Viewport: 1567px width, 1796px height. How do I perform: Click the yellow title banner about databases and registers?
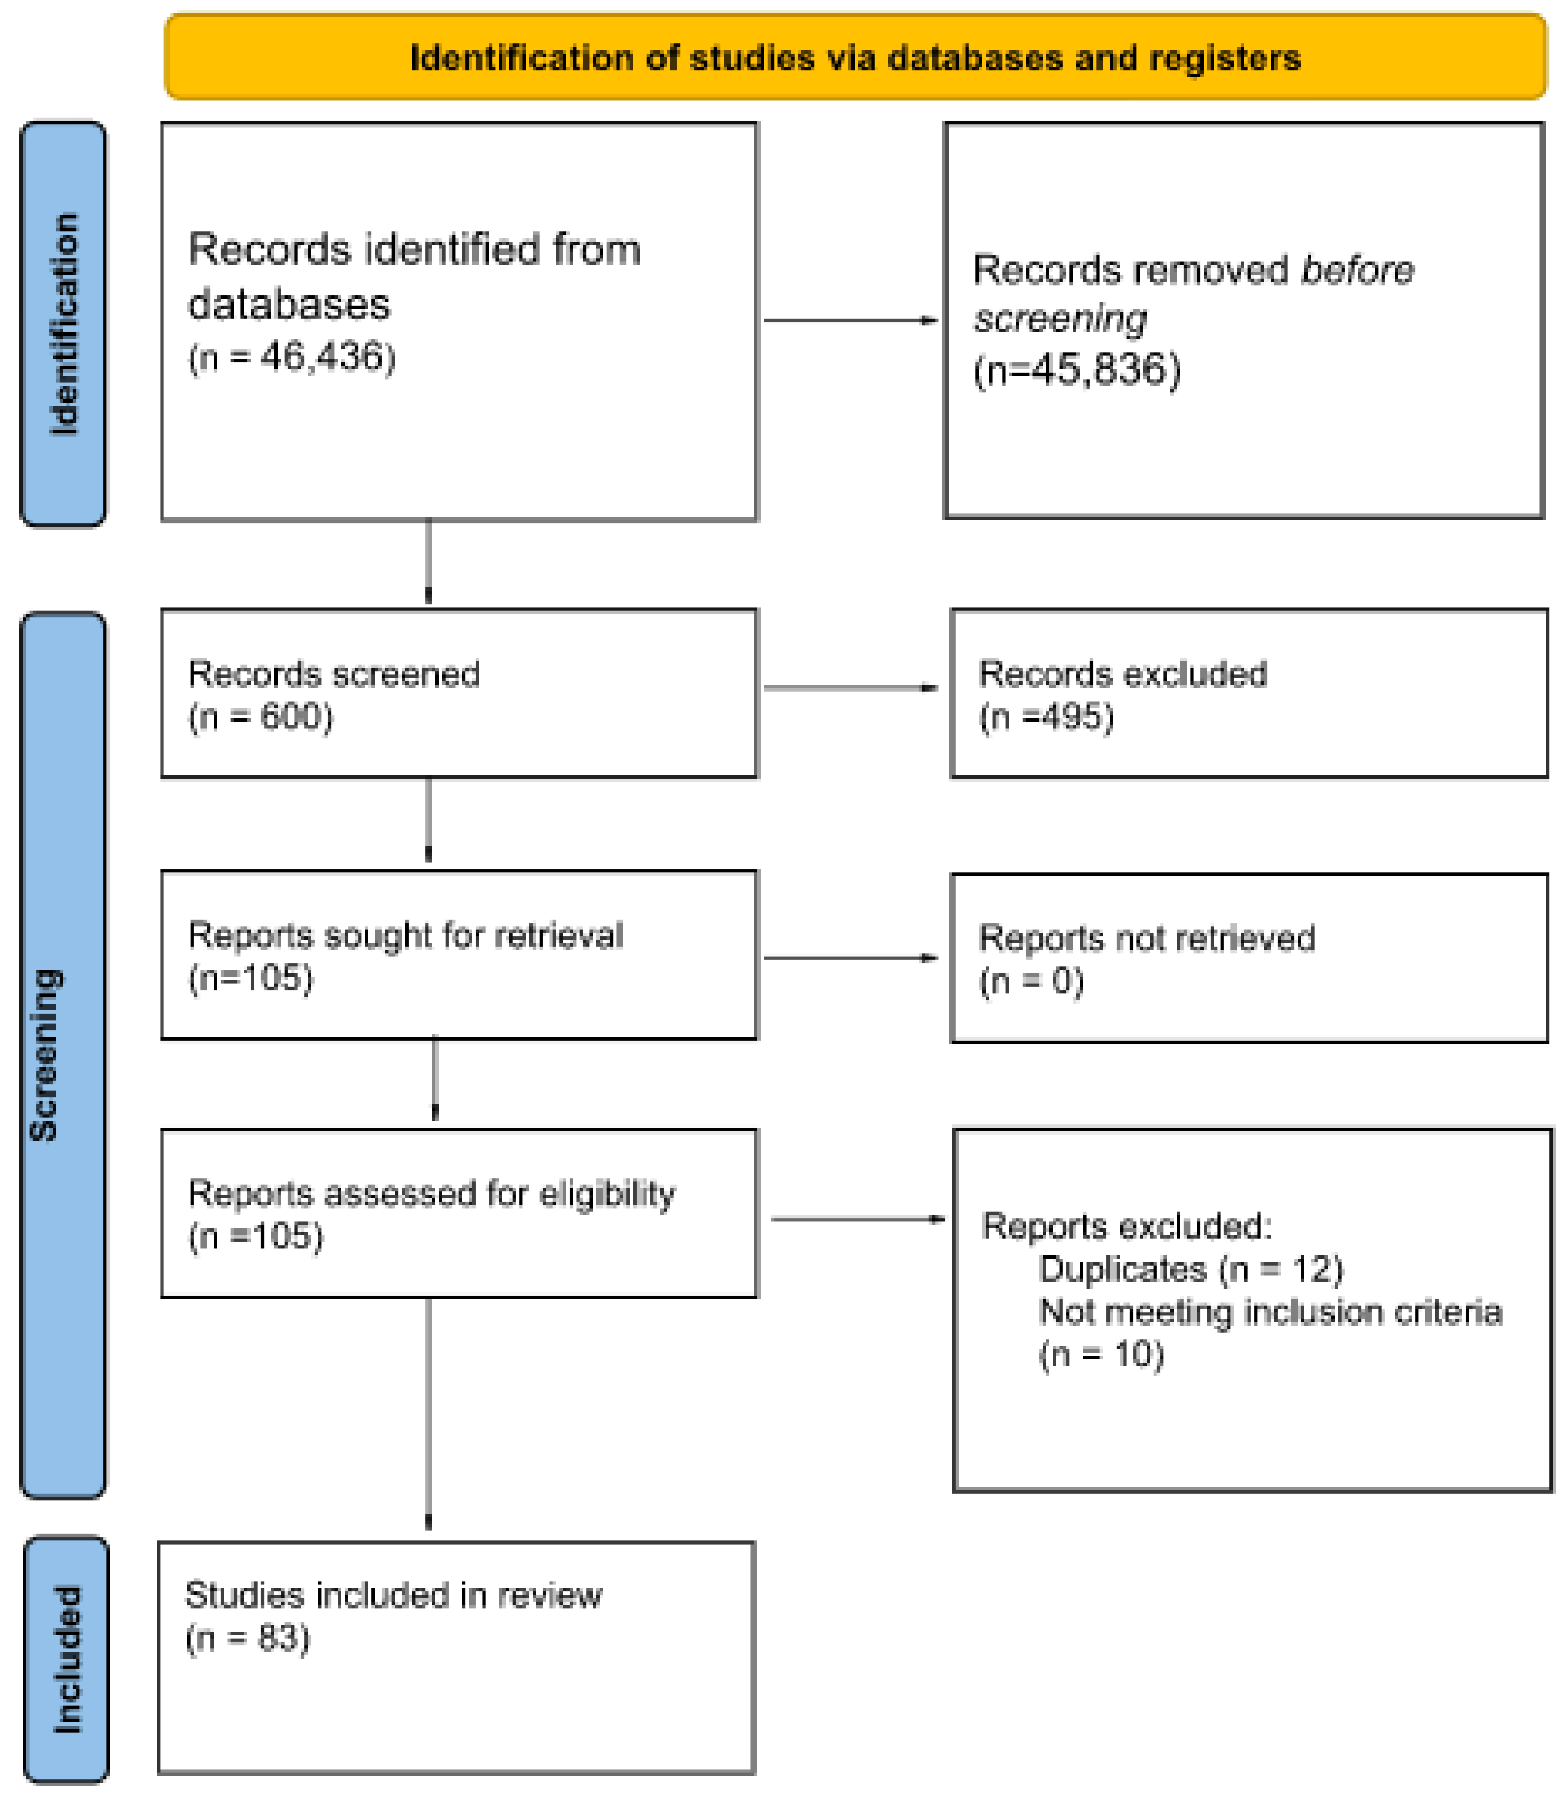855,57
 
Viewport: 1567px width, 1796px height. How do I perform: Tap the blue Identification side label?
63,324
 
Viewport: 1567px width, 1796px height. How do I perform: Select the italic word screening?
1060,318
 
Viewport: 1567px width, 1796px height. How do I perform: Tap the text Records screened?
333,674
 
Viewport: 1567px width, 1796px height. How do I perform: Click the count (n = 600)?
260,717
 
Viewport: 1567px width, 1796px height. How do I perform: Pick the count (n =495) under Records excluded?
1046,717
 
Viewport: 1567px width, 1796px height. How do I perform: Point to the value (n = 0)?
1031,981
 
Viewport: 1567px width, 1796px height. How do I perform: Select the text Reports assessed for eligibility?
431,1194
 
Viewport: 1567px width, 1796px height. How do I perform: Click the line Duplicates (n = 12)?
1190,1269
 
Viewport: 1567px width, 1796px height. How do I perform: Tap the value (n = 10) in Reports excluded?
1101,1355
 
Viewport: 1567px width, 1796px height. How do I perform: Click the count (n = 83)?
247,1638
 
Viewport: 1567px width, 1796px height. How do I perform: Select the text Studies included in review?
392,1596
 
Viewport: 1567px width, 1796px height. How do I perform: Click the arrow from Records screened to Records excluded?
850,687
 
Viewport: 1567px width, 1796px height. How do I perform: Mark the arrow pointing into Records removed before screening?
850,320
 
